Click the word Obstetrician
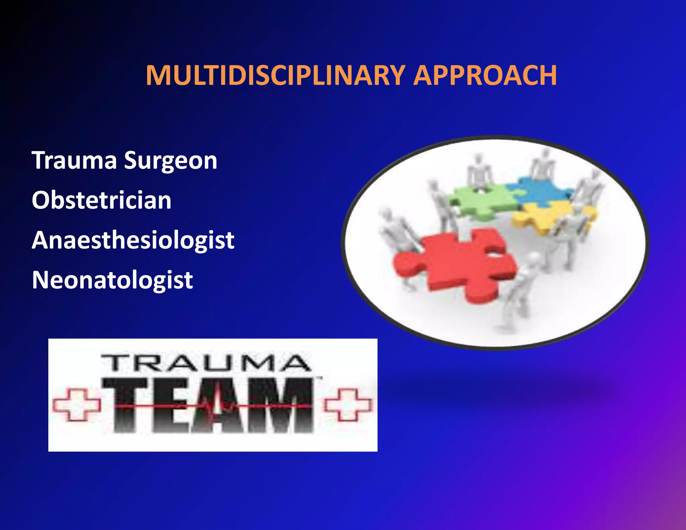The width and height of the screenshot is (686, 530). (101, 200)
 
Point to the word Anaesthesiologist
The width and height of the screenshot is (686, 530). (133, 240)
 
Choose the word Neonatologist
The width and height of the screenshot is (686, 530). (112, 280)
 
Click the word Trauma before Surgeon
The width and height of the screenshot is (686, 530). (74, 160)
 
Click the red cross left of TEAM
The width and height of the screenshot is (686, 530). (77, 404)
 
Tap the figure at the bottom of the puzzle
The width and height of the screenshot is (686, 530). (518, 291)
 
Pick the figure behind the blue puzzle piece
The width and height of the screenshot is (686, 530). (543, 164)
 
